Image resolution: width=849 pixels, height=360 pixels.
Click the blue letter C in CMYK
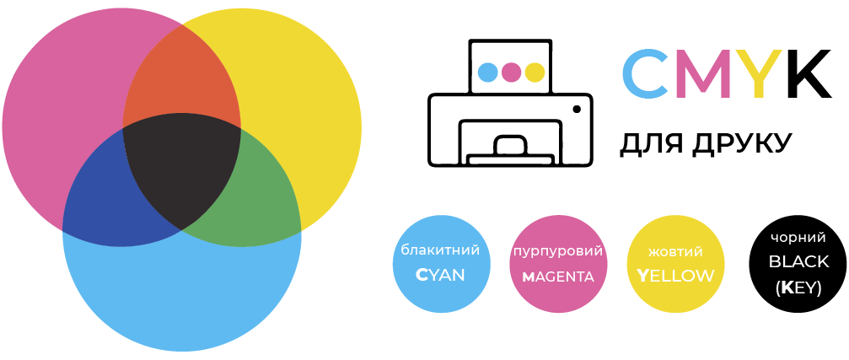647,73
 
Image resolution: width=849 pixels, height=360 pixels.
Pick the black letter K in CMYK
809,73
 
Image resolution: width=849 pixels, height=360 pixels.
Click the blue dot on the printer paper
488,72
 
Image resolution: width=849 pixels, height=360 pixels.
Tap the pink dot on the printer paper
511,72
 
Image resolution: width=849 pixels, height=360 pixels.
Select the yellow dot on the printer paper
535,72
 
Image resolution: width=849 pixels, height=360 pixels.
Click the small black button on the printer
577,110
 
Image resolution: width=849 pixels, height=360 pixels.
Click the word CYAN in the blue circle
440,275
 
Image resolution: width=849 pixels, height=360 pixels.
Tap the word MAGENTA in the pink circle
558,277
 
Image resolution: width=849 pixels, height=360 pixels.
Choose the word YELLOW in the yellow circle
675,276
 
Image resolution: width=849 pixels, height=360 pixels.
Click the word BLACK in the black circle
798,261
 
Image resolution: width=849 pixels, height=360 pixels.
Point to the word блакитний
440,250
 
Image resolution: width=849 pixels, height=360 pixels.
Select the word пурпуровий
558,252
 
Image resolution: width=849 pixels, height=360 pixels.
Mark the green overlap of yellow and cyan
255,195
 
